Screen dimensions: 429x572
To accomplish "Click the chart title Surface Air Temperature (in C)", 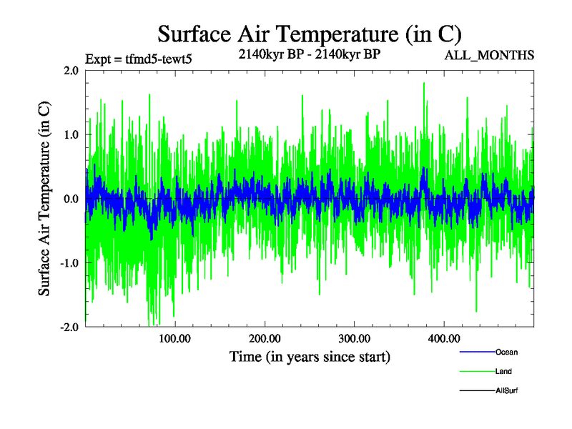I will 310,34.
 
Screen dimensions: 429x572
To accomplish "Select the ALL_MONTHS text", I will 490,55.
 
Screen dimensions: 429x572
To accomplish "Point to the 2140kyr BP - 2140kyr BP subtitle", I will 309,53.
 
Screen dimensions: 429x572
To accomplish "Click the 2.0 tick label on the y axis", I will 71,71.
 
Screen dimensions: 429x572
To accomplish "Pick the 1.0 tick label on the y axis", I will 71,134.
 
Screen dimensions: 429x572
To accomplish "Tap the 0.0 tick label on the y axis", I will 71,199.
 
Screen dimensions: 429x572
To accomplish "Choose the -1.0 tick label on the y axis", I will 69,262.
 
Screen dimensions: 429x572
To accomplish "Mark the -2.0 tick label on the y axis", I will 69,327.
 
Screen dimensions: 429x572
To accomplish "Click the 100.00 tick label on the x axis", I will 175,338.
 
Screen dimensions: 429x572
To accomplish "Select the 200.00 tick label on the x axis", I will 265,338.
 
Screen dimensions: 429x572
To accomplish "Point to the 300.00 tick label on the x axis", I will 354,338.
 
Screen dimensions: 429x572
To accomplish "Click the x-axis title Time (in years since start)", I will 310,356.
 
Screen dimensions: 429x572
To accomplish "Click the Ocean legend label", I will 506,352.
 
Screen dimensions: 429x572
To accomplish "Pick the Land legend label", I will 503,371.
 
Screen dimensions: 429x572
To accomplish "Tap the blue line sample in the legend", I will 477,352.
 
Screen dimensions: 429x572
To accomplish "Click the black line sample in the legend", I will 477,390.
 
